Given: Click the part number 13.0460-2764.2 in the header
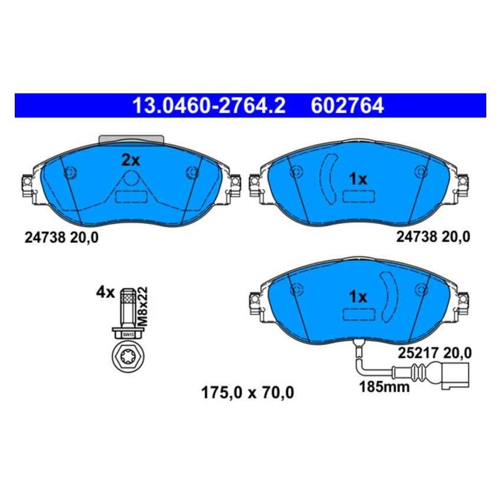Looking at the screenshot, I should click(x=209, y=106).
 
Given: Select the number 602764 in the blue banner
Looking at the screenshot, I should click(x=346, y=106).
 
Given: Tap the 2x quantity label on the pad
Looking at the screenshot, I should click(x=130, y=160).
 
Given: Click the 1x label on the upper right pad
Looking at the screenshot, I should click(x=357, y=179).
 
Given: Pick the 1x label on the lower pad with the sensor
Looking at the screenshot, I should click(x=357, y=296).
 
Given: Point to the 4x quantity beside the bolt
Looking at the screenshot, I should click(x=105, y=292).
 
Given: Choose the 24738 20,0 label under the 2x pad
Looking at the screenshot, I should click(x=61, y=238).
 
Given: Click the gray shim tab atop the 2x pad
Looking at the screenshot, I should click(x=131, y=139).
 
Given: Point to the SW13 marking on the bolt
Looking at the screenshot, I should click(x=127, y=334).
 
